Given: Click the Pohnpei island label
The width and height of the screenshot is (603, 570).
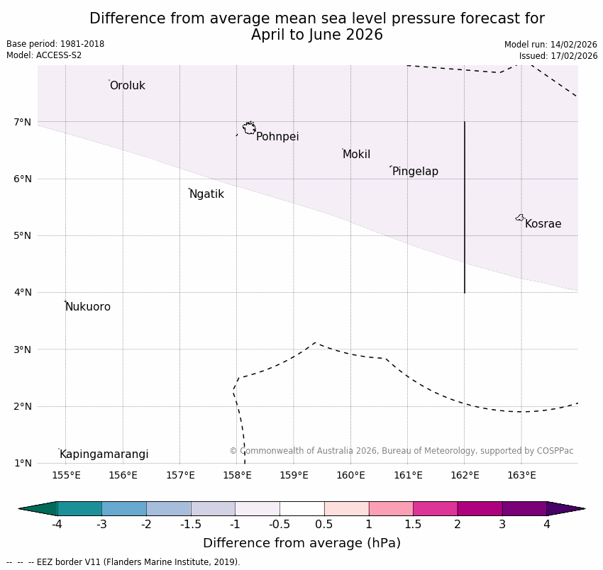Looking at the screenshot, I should pyautogui.click(x=277, y=137).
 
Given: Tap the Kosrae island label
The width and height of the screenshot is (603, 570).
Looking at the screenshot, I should pyautogui.click(x=543, y=224).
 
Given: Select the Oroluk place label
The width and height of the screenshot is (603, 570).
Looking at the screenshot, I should pyautogui.click(x=127, y=86).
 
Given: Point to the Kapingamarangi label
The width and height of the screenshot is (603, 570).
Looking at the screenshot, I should pyautogui.click(x=104, y=454).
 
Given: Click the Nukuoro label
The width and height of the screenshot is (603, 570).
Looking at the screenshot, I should pyautogui.click(x=88, y=307).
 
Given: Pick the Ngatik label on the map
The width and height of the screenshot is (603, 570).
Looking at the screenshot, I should pyautogui.click(x=206, y=194).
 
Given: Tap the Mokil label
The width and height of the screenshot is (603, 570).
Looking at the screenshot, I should pyautogui.click(x=356, y=155).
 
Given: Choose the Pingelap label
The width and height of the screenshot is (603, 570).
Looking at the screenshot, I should pyautogui.click(x=415, y=172).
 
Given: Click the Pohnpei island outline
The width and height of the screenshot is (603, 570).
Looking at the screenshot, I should pyautogui.click(x=249, y=128).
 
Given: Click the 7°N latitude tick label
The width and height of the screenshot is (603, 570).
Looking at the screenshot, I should pyautogui.click(x=23, y=122).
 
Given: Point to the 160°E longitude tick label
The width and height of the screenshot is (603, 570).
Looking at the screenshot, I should pyautogui.click(x=350, y=475).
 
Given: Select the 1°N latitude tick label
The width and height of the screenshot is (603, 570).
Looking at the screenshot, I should pyautogui.click(x=23, y=463).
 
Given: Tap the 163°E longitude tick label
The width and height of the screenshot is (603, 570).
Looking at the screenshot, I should pyautogui.click(x=521, y=475).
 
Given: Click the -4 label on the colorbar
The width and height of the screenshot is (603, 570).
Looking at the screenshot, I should pyautogui.click(x=57, y=525).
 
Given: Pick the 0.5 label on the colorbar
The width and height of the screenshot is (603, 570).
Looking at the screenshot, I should pyautogui.click(x=324, y=525).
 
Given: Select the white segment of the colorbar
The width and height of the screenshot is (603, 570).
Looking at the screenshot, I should pyautogui.click(x=301, y=508).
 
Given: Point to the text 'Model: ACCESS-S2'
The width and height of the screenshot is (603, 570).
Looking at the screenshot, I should pyautogui.click(x=44, y=55).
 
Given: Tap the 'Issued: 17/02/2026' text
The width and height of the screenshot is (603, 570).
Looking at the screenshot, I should pyautogui.click(x=558, y=56).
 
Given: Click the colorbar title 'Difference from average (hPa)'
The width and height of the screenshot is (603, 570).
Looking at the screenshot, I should pyautogui.click(x=301, y=544).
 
